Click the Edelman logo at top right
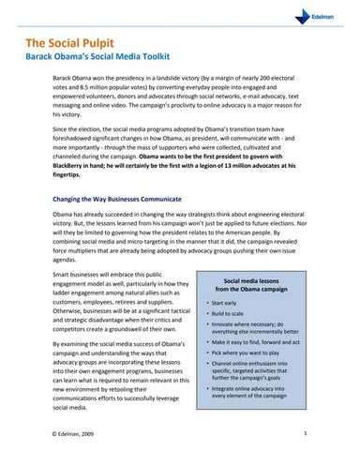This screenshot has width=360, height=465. point(331,18)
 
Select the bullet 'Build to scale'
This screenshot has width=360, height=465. point(230,319)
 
